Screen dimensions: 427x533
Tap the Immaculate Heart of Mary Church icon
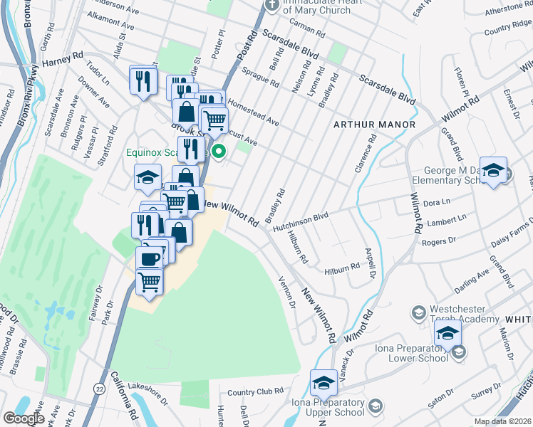tap(271, 5)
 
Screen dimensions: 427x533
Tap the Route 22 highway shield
tap(99, 387)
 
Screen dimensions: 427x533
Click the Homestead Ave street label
tap(253, 112)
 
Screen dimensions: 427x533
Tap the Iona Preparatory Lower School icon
tap(459, 351)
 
